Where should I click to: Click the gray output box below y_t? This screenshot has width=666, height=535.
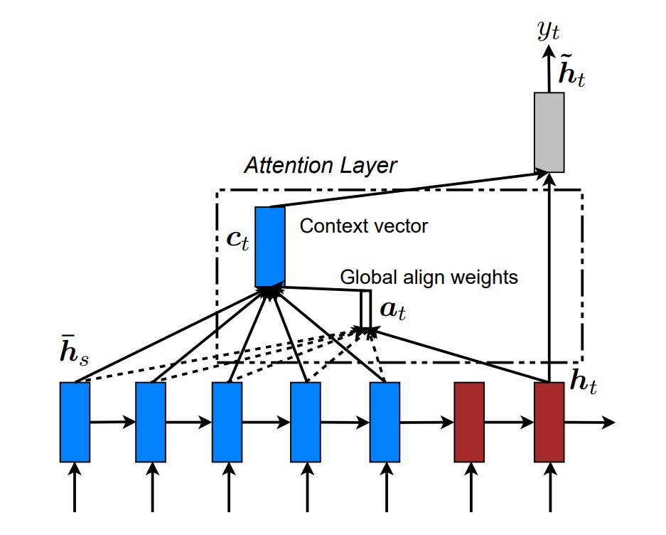[x=549, y=132]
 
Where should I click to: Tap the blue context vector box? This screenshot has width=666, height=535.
[x=269, y=247]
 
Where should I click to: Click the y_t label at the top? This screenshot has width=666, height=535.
[x=548, y=31]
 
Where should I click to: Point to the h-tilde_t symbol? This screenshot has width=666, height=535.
[x=571, y=70]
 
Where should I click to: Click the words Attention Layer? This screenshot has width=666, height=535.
[x=321, y=166]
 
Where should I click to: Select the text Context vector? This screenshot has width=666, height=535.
[x=364, y=226]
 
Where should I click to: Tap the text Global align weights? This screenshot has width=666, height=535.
[x=429, y=277]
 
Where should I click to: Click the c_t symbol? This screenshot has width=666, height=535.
[x=237, y=240]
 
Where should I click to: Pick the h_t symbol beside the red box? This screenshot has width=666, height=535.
[x=583, y=381]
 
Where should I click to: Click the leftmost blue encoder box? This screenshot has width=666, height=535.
[x=75, y=422]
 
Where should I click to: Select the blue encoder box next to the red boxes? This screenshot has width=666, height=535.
[x=385, y=422]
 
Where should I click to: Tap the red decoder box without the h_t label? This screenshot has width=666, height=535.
[x=469, y=422]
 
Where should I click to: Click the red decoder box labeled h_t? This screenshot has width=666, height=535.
[x=549, y=422]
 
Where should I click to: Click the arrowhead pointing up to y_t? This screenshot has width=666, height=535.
[x=549, y=51]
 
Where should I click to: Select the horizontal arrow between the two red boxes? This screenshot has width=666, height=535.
[x=509, y=423]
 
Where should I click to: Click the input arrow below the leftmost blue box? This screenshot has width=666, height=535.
[x=75, y=487]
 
